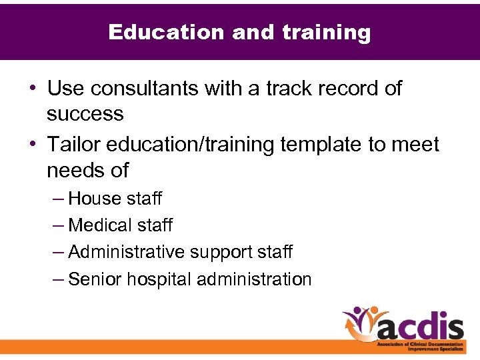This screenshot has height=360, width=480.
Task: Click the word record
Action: [349, 88]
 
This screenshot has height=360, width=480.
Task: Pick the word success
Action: [85, 114]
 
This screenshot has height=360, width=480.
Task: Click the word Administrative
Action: [127, 252]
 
